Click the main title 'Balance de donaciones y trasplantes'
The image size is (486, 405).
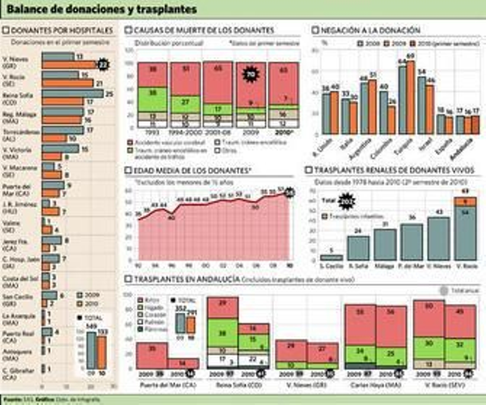coord(102,9)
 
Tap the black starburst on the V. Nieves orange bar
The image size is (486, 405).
coord(103,65)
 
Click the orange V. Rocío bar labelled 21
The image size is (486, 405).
coord(67,83)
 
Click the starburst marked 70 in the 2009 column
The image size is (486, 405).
coord(251,74)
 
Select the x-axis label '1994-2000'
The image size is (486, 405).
coord(185,133)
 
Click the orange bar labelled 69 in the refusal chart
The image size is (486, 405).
coord(410,97)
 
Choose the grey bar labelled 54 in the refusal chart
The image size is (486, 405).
coord(421,105)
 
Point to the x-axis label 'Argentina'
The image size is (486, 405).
coord(360,149)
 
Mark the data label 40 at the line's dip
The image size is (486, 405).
coord(172,218)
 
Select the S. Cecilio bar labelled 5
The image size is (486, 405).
coord(331,258)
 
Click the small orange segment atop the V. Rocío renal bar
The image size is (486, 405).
coord(465,202)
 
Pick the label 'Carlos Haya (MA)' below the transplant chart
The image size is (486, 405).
coord(376,385)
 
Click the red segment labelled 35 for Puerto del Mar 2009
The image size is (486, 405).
coord(152,355)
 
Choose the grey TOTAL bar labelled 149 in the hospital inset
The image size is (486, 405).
coord(91,350)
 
